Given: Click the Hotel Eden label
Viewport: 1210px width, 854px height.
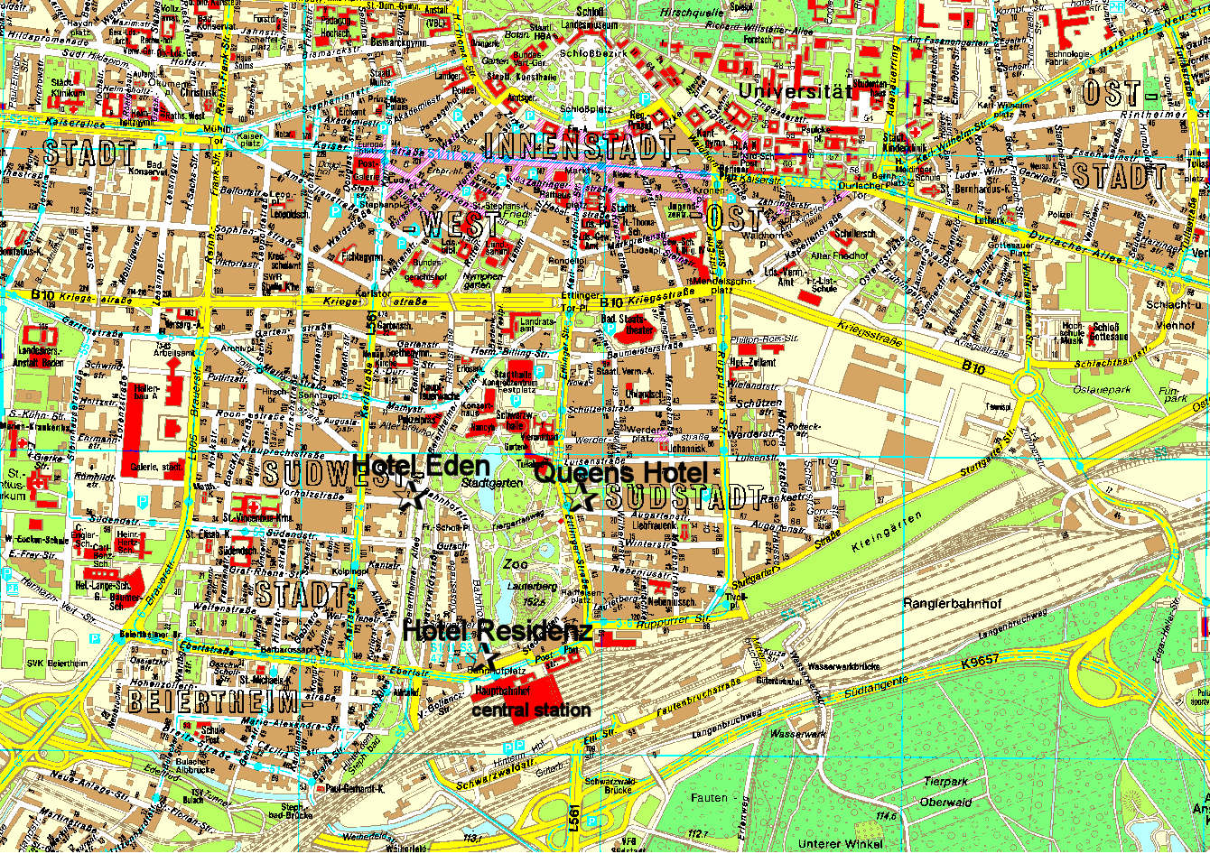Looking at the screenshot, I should pyautogui.click(x=422, y=466).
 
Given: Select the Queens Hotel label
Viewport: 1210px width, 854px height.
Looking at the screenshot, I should pyautogui.click(x=619, y=472).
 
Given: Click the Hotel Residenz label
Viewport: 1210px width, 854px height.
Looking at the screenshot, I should pyautogui.click(x=498, y=631).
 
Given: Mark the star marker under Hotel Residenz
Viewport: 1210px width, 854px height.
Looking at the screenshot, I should pyautogui.click(x=485, y=659).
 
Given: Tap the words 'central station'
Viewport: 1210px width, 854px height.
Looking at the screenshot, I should pyautogui.click(x=532, y=710).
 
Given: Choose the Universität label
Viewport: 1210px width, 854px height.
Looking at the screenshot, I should pyautogui.click(x=796, y=91).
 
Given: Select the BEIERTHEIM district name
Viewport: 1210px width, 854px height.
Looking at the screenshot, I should pyautogui.click(x=213, y=701).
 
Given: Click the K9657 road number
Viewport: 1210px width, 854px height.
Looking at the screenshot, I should pyautogui.click(x=981, y=662).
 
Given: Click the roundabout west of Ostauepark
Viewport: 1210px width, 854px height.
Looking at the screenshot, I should pyautogui.click(x=1028, y=385).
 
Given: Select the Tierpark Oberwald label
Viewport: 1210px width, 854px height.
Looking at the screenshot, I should pyautogui.click(x=945, y=792).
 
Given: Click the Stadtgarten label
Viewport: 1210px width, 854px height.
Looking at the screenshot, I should pyautogui.click(x=480, y=484).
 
